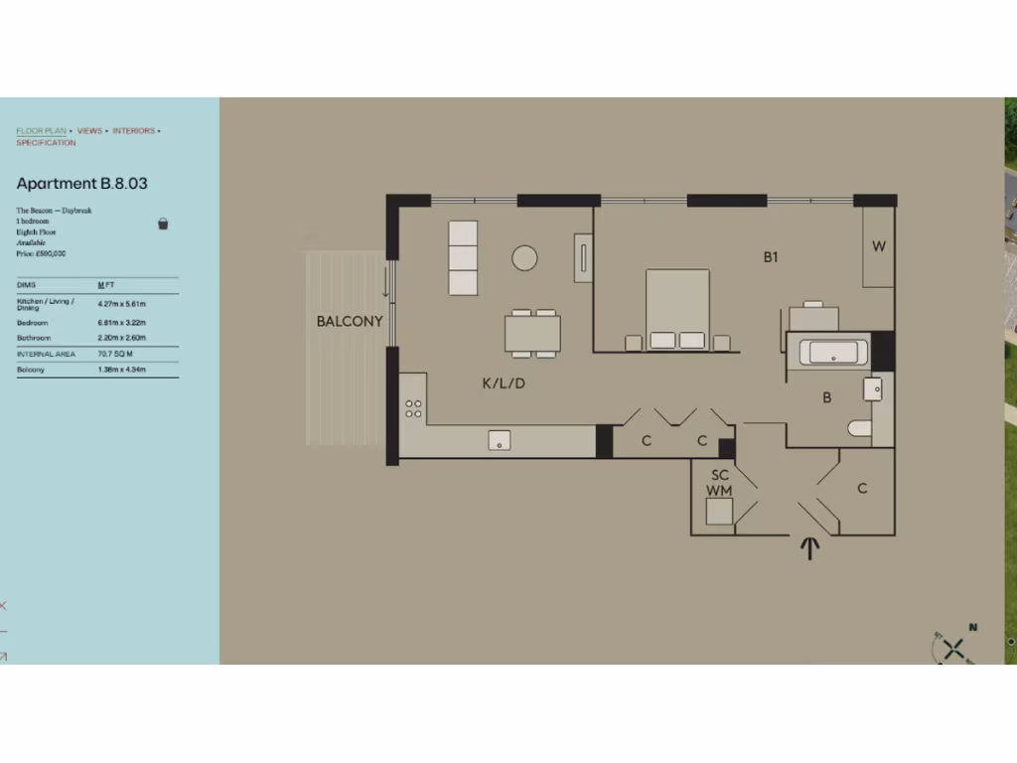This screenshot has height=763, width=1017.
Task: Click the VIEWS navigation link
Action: (89, 131)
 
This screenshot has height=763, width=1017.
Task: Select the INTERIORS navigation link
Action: (133, 131)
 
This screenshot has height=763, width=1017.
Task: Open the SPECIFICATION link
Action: (46, 143)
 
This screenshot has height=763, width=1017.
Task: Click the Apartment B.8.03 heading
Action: (81, 184)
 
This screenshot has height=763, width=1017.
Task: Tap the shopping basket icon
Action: (163, 224)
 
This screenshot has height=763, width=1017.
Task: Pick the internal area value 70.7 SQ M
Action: (116, 354)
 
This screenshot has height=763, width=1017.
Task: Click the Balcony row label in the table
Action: (31, 370)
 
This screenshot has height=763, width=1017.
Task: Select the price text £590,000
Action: (41, 253)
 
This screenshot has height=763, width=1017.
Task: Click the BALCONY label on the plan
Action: (350, 321)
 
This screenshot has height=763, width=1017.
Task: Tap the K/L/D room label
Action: (503, 382)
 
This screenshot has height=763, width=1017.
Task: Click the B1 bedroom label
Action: (771, 257)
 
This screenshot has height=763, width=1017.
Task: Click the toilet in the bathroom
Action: (859, 428)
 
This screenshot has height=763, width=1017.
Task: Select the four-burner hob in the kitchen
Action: (414, 408)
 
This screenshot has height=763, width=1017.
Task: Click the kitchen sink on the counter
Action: (499, 440)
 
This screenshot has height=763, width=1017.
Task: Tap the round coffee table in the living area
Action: (524, 258)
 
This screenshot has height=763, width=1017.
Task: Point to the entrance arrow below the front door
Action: (809, 547)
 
